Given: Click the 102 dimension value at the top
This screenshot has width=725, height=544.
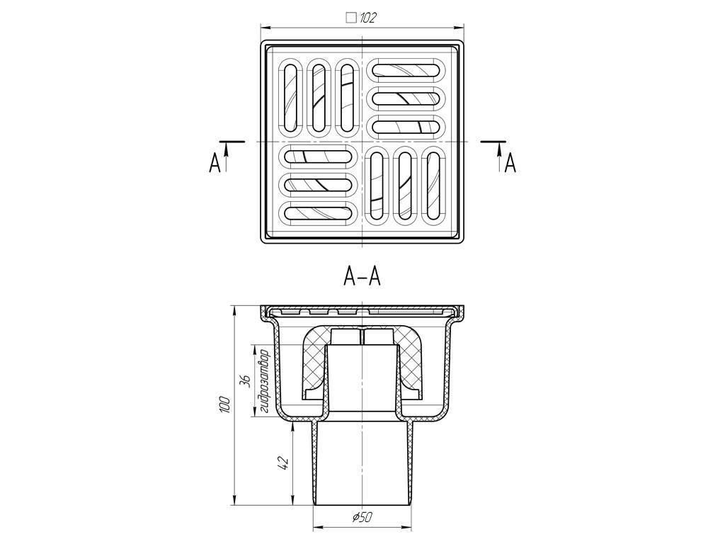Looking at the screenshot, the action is coord(368,18).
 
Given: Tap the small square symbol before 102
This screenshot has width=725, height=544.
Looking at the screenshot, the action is coord(351,18).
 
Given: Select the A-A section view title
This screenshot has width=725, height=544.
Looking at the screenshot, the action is coord(362,277).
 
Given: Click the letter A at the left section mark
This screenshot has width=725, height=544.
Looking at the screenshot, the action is coord(215,164).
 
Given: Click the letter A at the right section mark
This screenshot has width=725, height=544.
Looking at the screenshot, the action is coord(510,164).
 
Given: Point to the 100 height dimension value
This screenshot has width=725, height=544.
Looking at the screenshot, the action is coord(224,404).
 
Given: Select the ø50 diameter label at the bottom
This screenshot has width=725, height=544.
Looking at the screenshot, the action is coord(362,517).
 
